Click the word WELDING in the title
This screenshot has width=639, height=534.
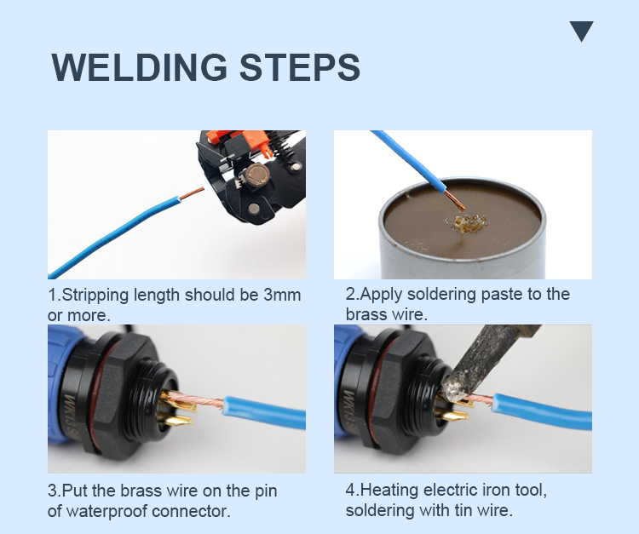(140, 67)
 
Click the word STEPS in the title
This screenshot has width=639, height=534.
(300, 67)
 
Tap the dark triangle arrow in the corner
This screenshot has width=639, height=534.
(582, 32)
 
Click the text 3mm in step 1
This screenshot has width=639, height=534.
(282, 295)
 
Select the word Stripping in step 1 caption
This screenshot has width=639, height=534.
(95, 296)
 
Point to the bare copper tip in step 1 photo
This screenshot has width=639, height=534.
(192, 193)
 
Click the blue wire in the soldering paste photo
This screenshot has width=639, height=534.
(409, 161)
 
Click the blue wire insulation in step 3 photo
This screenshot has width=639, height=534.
(264, 411)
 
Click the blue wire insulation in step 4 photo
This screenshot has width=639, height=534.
(542, 411)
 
